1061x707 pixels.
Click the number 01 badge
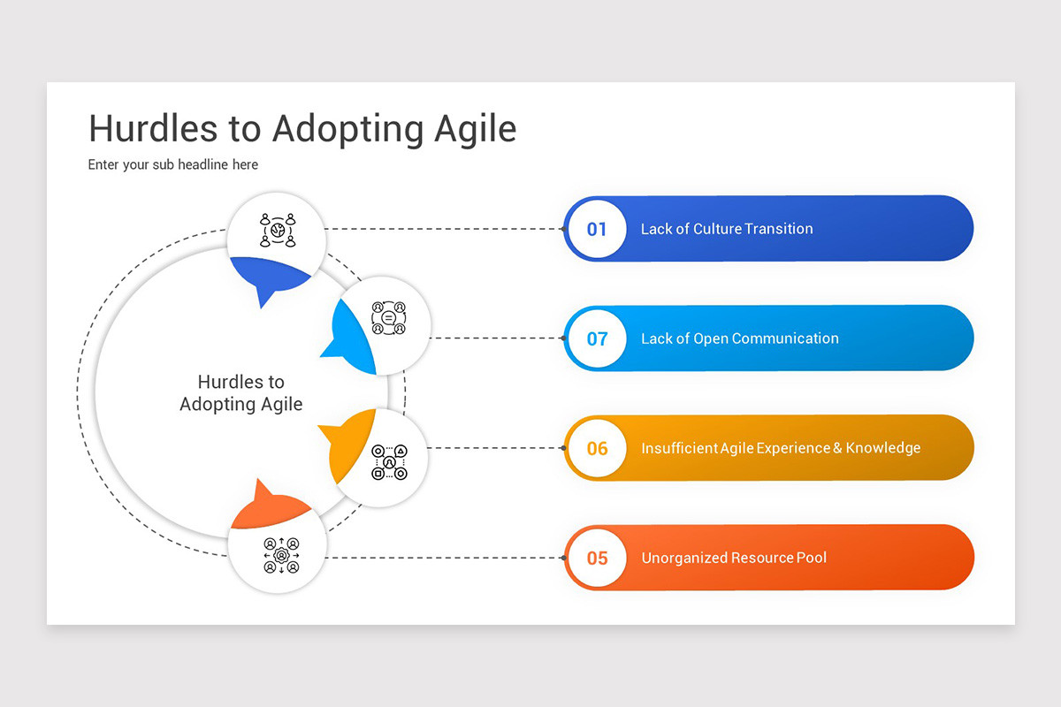tap(597, 229)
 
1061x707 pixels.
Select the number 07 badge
tap(597, 338)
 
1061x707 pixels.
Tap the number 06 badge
tap(597, 448)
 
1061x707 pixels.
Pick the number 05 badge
tap(597, 558)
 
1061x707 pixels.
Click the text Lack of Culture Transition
tap(726, 229)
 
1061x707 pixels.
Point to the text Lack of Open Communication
tap(739, 338)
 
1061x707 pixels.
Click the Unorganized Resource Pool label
tap(734, 558)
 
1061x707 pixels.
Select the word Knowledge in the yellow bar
tap(882, 448)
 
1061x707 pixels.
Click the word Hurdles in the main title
tap(151, 129)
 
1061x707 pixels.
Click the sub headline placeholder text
tap(173, 164)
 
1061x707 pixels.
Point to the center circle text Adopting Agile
tap(240, 405)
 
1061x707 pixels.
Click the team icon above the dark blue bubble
tap(277, 230)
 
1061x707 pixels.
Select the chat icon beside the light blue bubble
tap(388, 317)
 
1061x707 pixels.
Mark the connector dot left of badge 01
tap(563, 229)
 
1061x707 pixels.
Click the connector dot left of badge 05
tap(563, 558)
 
